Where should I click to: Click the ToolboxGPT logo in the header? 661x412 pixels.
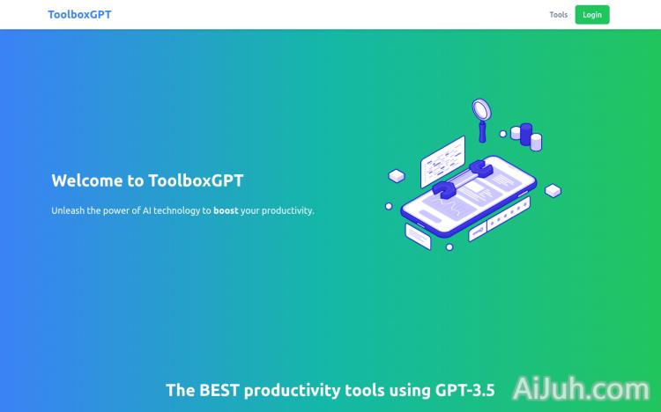(x=79, y=14)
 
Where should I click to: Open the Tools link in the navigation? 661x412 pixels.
(x=558, y=15)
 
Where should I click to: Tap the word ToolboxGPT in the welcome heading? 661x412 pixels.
(x=196, y=180)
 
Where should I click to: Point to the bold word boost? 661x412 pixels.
(x=226, y=210)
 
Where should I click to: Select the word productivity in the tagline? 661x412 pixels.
(x=285, y=210)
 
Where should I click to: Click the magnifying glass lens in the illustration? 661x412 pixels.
(x=481, y=110)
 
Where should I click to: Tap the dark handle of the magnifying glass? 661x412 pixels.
(x=483, y=132)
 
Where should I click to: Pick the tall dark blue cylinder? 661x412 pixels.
(x=526, y=133)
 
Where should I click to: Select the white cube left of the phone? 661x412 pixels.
(x=397, y=177)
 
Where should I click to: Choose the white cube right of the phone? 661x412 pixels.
(x=553, y=190)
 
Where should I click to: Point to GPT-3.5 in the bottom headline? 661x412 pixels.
(x=464, y=390)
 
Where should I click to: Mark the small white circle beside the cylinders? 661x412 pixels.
(x=503, y=134)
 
